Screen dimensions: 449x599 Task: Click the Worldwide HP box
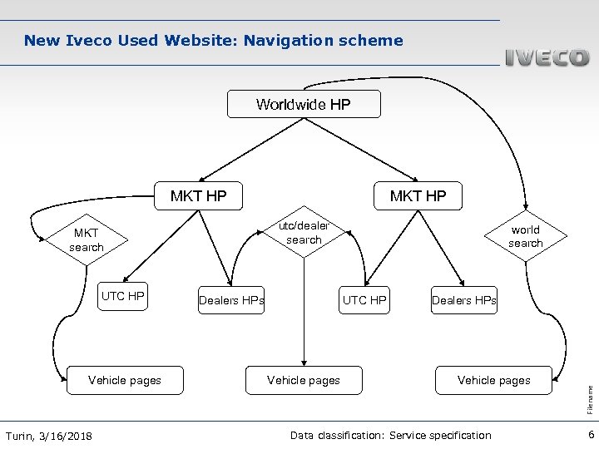pos(304,104)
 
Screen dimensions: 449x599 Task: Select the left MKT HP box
pos(199,196)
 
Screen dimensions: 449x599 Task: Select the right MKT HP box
pos(418,196)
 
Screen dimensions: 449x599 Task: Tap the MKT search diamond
pos(87,240)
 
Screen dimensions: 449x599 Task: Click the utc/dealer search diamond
pos(304,233)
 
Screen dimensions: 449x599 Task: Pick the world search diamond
pos(525,236)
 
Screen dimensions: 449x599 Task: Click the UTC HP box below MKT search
pos(122,296)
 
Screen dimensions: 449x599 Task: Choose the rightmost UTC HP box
pos(364,300)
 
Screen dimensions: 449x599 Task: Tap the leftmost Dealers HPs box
pos(231,300)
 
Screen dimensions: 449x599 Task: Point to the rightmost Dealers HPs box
pos(463,300)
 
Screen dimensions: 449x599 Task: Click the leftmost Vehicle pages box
pos(125,380)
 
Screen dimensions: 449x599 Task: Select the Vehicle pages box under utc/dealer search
pos(304,380)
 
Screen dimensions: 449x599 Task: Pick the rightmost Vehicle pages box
pos(493,380)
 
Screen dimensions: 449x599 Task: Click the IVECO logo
pos(547,58)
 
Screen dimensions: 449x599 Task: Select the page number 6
pos(589,435)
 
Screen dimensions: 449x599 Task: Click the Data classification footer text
pos(390,436)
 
